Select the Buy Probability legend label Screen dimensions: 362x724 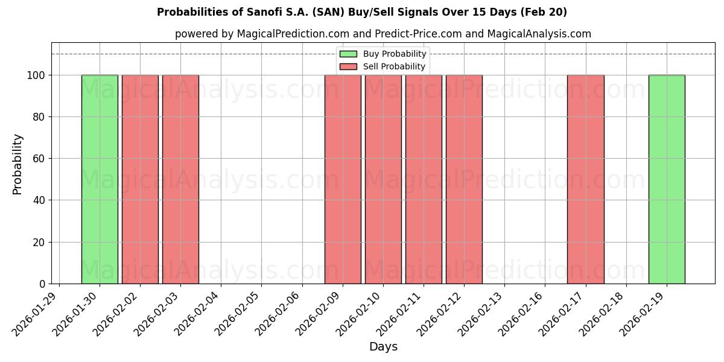click(x=395, y=54)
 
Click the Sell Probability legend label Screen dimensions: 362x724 click(x=394, y=66)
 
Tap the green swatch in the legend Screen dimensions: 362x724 click(x=348, y=54)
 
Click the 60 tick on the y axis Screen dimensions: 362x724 click(x=39, y=159)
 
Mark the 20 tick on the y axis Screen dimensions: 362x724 click(x=39, y=243)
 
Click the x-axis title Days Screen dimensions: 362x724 click(x=383, y=347)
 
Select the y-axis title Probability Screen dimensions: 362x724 click(x=17, y=164)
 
